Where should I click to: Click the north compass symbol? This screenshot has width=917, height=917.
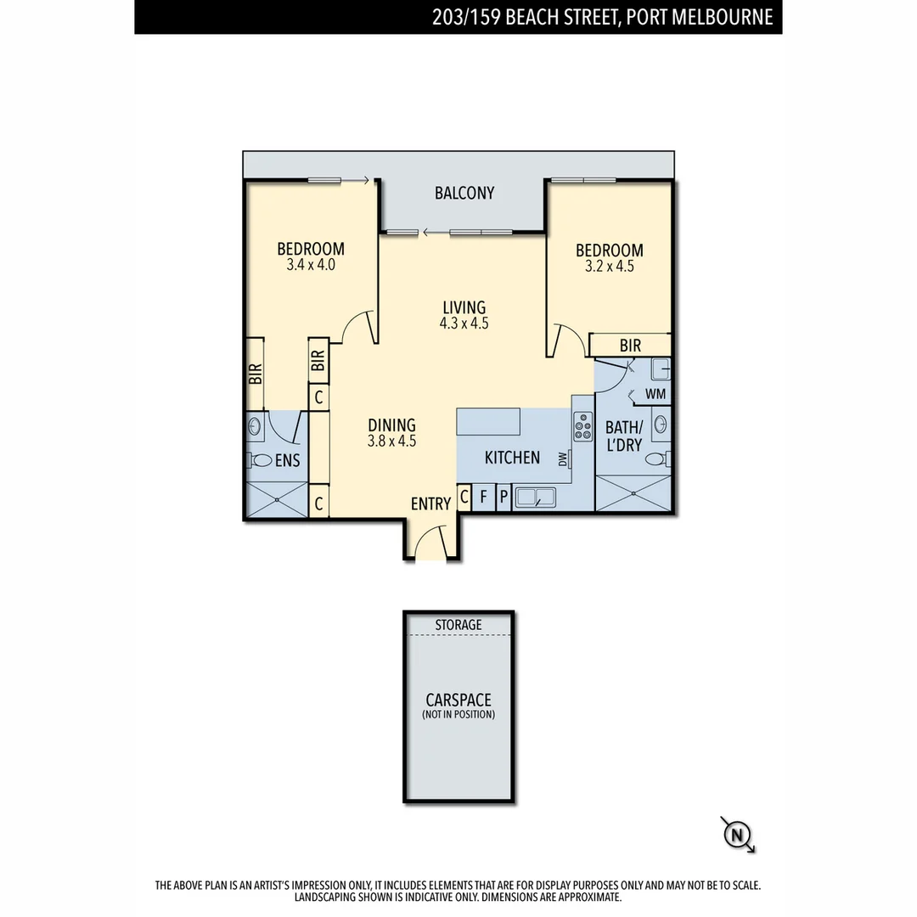pyautogui.click(x=736, y=835)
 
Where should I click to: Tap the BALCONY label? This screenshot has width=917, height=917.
pyautogui.click(x=464, y=193)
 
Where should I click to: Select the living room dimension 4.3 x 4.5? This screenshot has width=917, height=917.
pyautogui.click(x=464, y=323)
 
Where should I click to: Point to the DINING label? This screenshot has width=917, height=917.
pyautogui.click(x=391, y=425)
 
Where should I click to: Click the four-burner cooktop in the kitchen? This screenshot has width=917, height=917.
pyautogui.click(x=583, y=425)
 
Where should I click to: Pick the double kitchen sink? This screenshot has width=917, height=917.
pyautogui.click(x=535, y=497)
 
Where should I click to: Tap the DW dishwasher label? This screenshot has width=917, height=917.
pyautogui.click(x=562, y=459)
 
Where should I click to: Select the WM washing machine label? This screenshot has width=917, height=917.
pyautogui.click(x=655, y=394)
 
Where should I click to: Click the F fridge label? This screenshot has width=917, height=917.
pyautogui.click(x=484, y=498)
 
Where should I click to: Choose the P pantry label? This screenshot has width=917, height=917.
pyautogui.click(x=503, y=498)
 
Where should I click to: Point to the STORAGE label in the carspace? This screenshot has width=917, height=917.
pyautogui.click(x=458, y=625)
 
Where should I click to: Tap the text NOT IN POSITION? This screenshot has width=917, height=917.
pyautogui.click(x=458, y=715)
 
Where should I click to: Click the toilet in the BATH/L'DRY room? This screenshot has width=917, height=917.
pyautogui.click(x=656, y=459)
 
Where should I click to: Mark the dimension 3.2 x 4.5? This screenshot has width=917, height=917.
pyautogui.click(x=609, y=266)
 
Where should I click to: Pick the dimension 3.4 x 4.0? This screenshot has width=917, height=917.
pyautogui.click(x=311, y=265)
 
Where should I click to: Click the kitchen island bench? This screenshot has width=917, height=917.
pyautogui.click(x=488, y=421)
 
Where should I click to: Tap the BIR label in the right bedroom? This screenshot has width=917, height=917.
pyautogui.click(x=630, y=346)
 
